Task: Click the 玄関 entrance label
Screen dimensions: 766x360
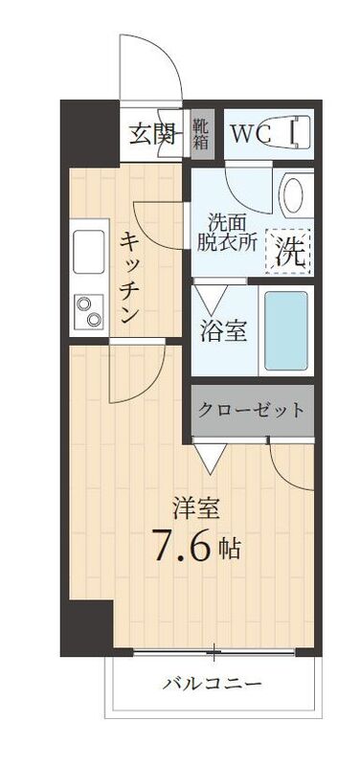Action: [153, 134]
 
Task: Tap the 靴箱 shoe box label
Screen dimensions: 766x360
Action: [201, 134]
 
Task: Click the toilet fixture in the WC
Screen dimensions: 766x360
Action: [299, 132]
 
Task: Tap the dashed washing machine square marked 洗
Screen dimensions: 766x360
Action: [289, 251]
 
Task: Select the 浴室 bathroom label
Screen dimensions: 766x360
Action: [224, 330]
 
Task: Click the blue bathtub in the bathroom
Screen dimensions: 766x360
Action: [285, 331]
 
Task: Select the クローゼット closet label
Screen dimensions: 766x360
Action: [252, 410]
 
